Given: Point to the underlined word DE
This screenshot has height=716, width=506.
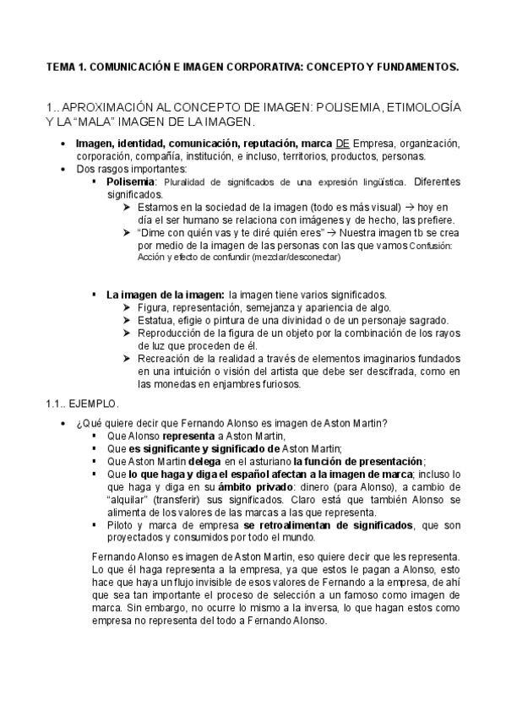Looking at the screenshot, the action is (340, 144).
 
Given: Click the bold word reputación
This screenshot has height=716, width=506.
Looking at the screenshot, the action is (269, 144).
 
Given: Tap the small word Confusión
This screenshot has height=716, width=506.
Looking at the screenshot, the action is (431, 246).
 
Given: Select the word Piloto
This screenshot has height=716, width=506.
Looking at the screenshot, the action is (121, 524).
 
